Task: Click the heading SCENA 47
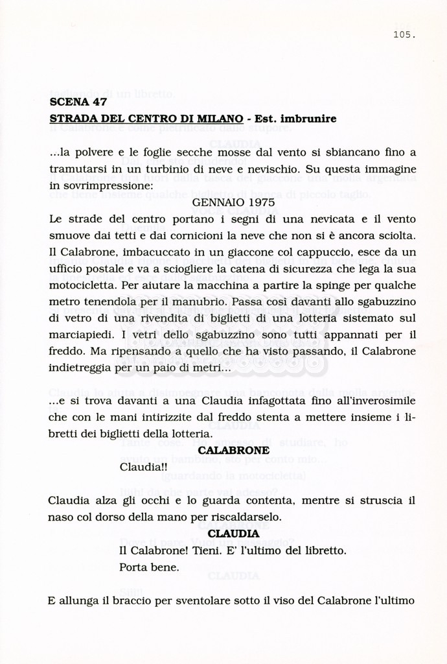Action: click(78, 102)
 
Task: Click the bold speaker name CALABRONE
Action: click(233, 450)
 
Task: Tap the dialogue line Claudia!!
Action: click(144, 466)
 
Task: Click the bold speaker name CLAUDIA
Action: click(233, 534)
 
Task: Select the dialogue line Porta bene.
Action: click(150, 567)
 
